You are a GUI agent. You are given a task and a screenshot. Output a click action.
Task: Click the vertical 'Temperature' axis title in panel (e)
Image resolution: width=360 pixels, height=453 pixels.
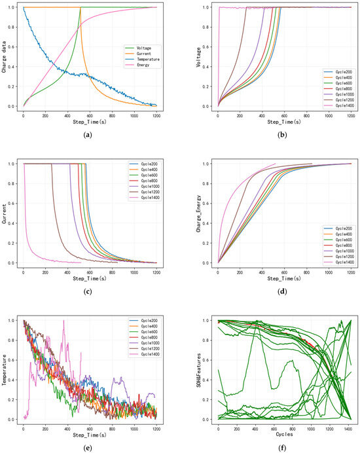point(5,370)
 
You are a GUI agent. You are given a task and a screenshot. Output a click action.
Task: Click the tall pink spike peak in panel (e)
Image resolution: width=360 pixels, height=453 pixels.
point(63,321)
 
